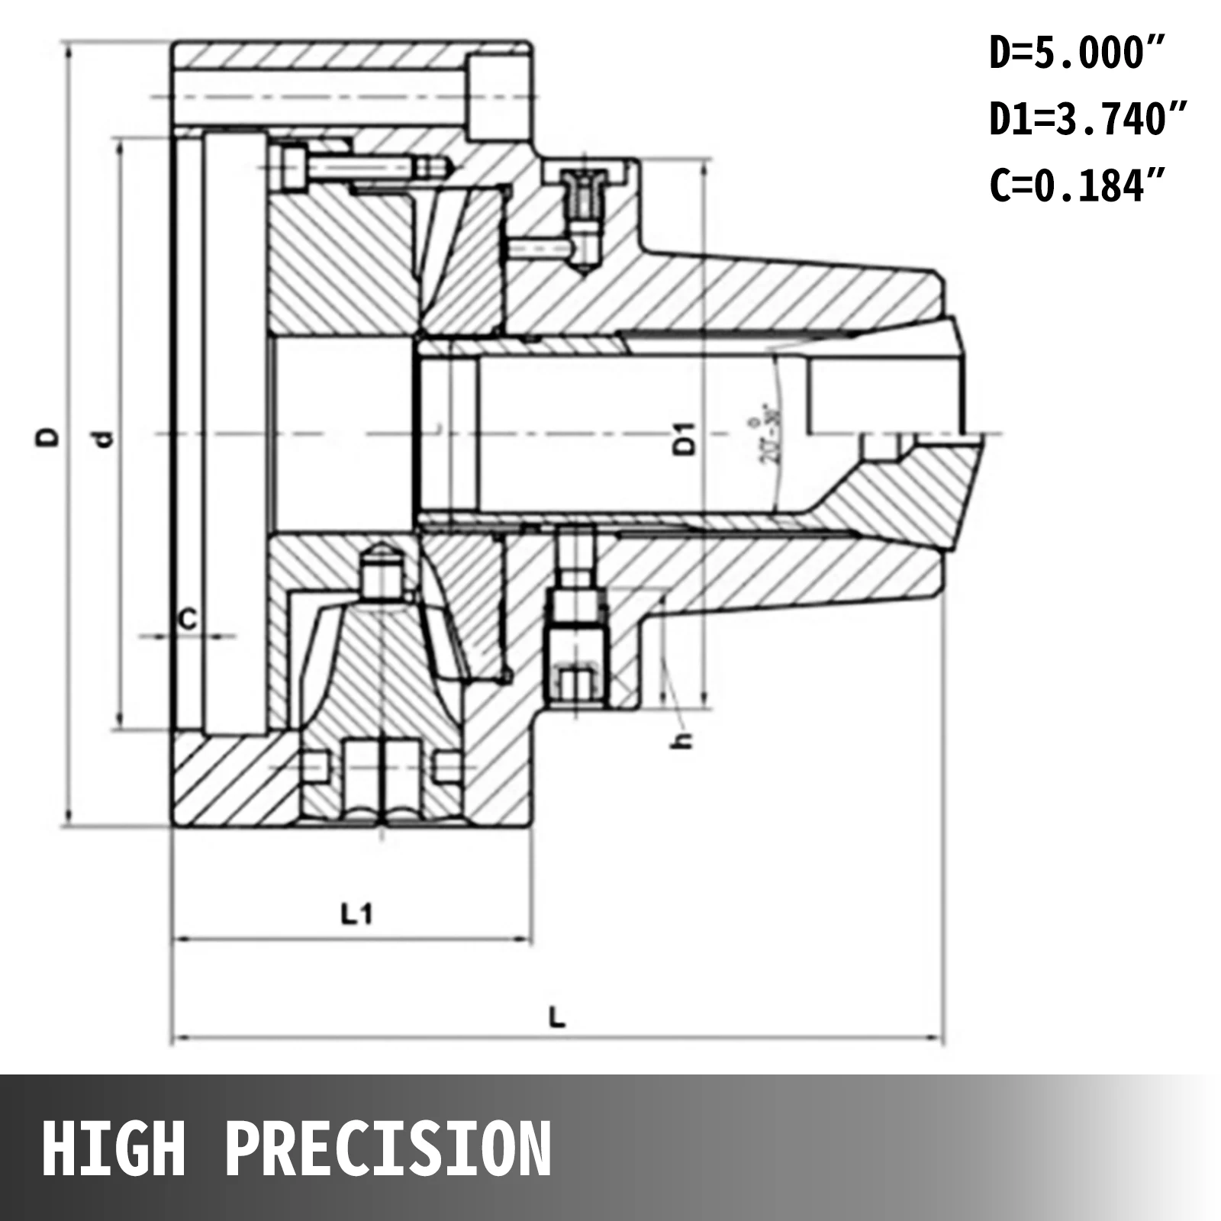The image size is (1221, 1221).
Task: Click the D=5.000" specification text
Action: pos(1077,54)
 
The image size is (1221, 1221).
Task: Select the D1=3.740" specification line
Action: pos(1087,120)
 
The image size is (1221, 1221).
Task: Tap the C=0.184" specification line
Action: pos(1077,185)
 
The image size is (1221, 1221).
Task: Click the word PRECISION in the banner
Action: pos(388,1149)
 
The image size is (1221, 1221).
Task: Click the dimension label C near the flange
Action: pos(187,619)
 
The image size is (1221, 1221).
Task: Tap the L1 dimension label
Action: pos(356,913)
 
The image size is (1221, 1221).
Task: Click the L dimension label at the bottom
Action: pos(558,1016)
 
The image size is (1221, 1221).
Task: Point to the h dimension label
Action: pos(684,739)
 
